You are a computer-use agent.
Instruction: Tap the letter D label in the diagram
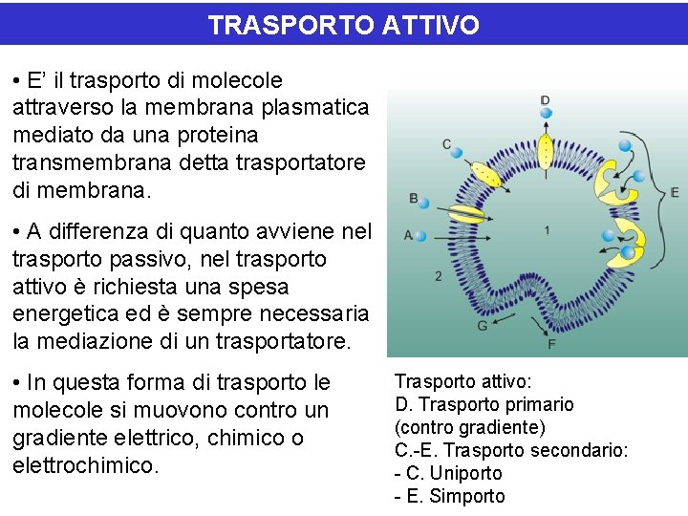[545, 100]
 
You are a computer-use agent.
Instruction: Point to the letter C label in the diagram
[447, 144]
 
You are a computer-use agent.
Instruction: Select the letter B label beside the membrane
[413, 199]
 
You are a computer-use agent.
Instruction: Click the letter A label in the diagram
[409, 235]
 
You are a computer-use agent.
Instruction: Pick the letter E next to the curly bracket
[675, 192]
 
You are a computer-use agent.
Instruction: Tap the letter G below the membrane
[483, 325]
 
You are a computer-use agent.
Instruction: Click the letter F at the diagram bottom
[551, 343]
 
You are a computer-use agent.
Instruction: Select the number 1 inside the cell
[546, 230]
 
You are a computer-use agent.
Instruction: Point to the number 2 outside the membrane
[439, 276]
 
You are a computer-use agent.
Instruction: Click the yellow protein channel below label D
[546, 150]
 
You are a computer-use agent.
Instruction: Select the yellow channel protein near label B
[466, 214]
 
